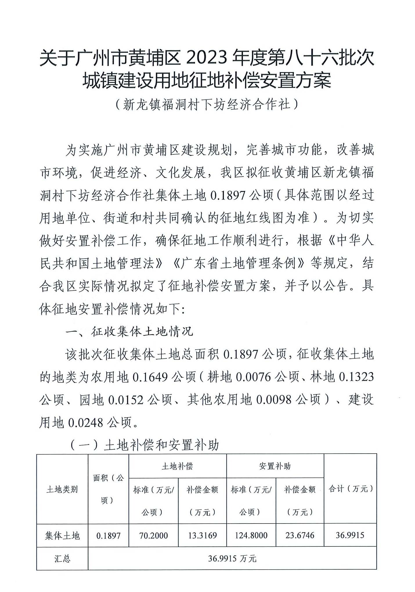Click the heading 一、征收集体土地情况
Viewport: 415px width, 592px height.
129,331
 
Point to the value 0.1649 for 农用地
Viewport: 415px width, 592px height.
150,377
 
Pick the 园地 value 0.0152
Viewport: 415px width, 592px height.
126,400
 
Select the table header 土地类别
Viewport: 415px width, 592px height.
62,490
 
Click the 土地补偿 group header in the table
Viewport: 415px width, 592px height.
177,466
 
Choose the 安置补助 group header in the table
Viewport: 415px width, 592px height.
275,466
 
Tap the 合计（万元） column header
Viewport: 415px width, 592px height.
350,489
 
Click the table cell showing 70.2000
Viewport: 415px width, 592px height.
153,535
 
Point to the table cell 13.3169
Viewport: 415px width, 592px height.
202,535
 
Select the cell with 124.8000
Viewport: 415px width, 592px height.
251,535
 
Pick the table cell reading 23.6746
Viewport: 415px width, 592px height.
300,535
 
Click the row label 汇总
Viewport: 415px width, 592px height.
62,559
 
